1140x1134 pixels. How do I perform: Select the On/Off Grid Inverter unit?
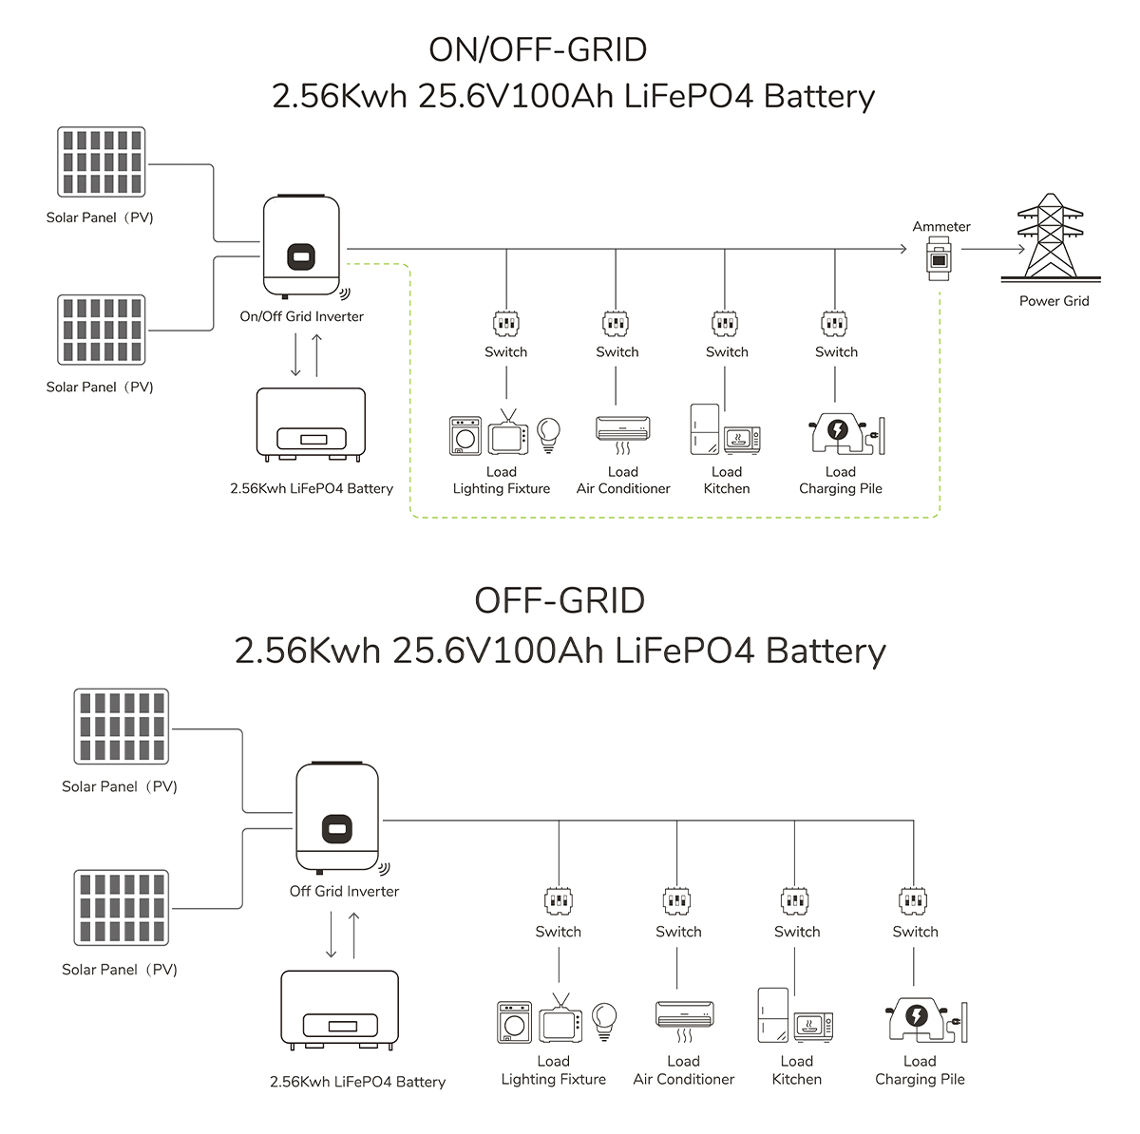(301, 245)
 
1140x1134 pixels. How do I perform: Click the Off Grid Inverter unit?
(337, 817)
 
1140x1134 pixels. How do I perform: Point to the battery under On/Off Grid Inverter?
(311, 425)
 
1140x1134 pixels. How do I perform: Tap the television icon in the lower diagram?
(560, 1021)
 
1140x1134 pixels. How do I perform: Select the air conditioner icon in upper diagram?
(623, 430)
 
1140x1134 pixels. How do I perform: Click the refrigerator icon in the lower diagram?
(772, 1015)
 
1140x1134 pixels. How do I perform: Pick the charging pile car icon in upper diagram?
(839, 432)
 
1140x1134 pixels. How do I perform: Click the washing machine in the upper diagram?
(465, 436)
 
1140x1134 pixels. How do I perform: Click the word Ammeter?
(941, 226)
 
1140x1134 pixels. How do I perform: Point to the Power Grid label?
(1054, 301)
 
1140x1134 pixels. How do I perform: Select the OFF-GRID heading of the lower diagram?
(560, 600)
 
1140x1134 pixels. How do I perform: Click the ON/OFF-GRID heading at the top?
(538, 49)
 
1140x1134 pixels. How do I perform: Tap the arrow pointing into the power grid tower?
(993, 250)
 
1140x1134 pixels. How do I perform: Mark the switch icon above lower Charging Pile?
(914, 899)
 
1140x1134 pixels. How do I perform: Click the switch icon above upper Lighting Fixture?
(506, 324)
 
